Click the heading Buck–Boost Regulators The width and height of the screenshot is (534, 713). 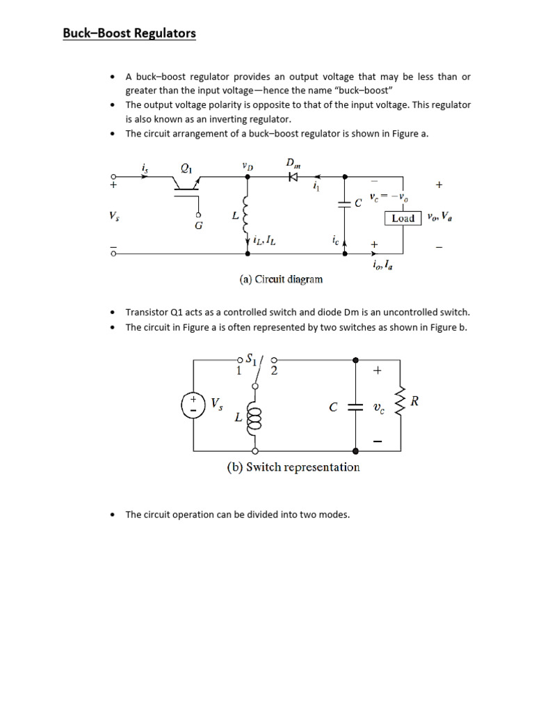pos(129,33)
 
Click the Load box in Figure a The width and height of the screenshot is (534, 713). pos(403,218)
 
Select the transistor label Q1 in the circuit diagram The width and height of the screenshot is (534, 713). pos(186,168)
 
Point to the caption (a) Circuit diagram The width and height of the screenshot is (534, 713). pos(281,279)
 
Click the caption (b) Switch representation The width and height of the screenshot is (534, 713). pos(293,467)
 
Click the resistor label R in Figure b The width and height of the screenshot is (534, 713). pos(414,401)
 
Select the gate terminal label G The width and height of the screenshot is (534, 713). pos(198,226)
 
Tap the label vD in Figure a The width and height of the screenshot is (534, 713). pos(248,166)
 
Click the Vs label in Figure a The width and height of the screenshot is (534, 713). pos(114,217)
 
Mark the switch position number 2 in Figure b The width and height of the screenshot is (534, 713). pos(274,371)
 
